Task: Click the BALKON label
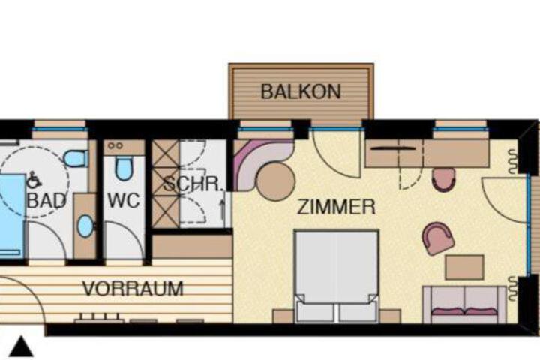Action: (x=301, y=91)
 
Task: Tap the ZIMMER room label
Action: (x=336, y=207)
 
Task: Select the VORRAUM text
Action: (x=133, y=289)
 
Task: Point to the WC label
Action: (x=124, y=200)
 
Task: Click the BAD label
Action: (x=46, y=200)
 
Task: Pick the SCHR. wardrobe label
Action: (x=193, y=184)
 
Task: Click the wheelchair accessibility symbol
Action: (x=34, y=180)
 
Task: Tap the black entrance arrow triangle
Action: (x=21, y=346)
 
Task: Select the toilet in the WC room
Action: (x=124, y=169)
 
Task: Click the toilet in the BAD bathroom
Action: (x=76, y=158)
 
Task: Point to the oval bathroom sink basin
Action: (x=85, y=226)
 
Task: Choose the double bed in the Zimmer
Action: (x=337, y=276)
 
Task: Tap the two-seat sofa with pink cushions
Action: (x=465, y=304)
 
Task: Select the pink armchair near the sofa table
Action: (x=439, y=238)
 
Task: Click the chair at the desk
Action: (x=444, y=179)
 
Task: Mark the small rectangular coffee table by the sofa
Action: (x=464, y=267)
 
